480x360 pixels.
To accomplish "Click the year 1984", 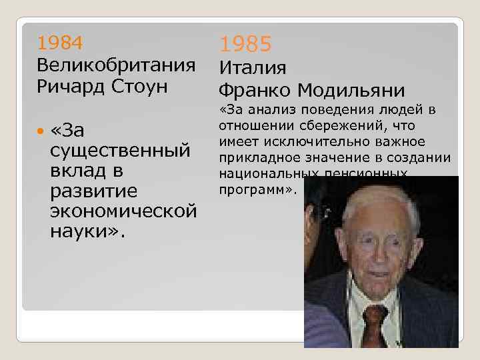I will coord(61,43).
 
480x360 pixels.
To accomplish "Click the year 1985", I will coord(246,45).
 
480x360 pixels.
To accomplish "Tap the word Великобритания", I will coord(116,65).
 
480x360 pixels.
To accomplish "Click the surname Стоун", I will coord(148,87).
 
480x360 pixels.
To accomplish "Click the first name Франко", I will coord(255,89).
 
